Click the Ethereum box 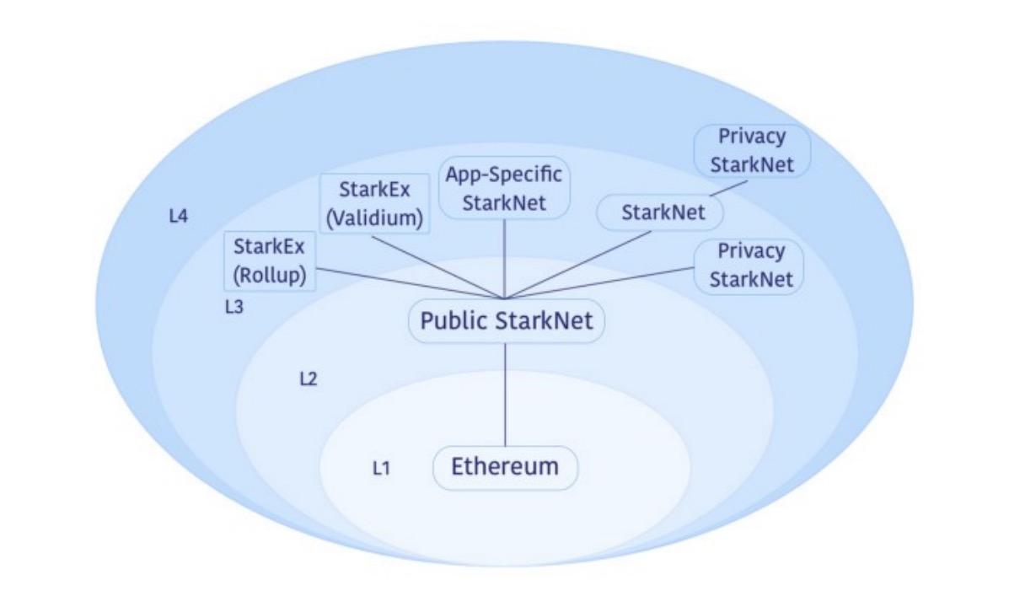click(x=505, y=467)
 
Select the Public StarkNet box click(x=507, y=321)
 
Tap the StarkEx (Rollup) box click(x=270, y=262)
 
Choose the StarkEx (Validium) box click(x=374, y=204)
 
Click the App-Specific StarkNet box click(x=504, y=189)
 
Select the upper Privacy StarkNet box click(x=752, y=150)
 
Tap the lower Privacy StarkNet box click(x=750, y=265)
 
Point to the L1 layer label click(x=381, y=467)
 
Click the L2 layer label click(x=309, y=379)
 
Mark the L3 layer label click(x=233, y=308)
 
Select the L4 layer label click(x=178, y=217)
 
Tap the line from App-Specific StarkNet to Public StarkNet click(x=504, y=258)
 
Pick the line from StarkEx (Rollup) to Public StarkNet click(x=405, y=282)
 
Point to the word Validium click(x=374, y=218)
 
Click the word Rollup click(x=270, y=277)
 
